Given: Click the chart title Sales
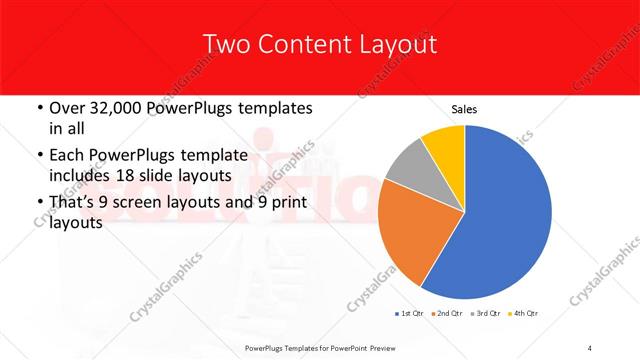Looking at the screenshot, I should (x=465, y=109).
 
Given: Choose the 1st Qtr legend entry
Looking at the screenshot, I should (x=410, y=315).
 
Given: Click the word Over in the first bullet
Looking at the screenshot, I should (x=66, y=108).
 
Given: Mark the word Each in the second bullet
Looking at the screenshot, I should (x=67, y=155).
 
